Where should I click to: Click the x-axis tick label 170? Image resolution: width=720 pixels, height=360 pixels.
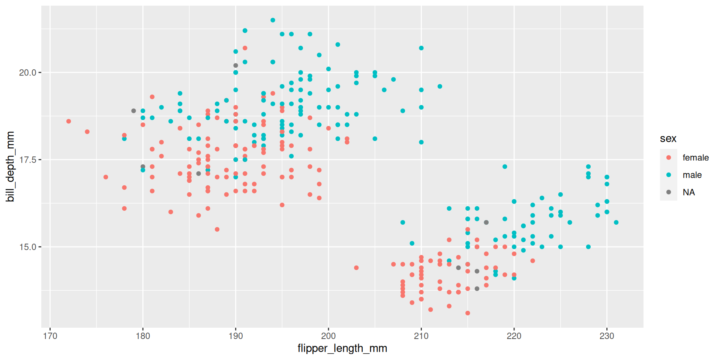tap(50, 336)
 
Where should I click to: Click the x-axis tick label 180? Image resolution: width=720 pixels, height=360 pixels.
tap(143, 336)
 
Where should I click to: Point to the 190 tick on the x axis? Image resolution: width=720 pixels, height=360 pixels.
tap(235, 336)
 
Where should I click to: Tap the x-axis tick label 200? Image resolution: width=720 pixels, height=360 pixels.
tap(328, 336)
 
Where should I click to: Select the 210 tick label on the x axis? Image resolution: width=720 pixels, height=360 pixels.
tap(421, 336)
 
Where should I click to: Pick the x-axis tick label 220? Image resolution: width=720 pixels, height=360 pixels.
tap(514, 336)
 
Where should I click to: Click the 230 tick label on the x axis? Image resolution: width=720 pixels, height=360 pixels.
tap(607, 336)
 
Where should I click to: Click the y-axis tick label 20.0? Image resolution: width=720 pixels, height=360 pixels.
tap(27, 73)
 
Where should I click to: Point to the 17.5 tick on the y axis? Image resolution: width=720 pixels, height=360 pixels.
tap(27, 160)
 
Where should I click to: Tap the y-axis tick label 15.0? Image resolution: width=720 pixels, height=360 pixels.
tap(27, 247)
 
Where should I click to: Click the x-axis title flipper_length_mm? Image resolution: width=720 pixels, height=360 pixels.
tap(342, 348)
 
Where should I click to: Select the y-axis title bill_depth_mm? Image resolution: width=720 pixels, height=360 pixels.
tap(10, 166)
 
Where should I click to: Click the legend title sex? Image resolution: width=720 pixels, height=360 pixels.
tap(668, 139)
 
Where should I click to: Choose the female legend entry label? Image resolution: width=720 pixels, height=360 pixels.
tap(695, 158)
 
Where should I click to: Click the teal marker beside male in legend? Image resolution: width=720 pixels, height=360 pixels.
tap(669, 175)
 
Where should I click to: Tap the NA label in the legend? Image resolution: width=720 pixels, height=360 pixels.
tap(688, 192)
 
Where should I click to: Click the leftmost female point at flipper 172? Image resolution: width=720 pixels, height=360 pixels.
tap(69, 121)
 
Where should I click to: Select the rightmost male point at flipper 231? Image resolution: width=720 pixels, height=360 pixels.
tap(616, 222)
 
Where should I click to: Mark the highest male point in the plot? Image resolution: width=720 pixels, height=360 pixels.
tap(273, 20)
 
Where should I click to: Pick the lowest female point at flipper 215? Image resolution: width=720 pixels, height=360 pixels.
tap(468, 313)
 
